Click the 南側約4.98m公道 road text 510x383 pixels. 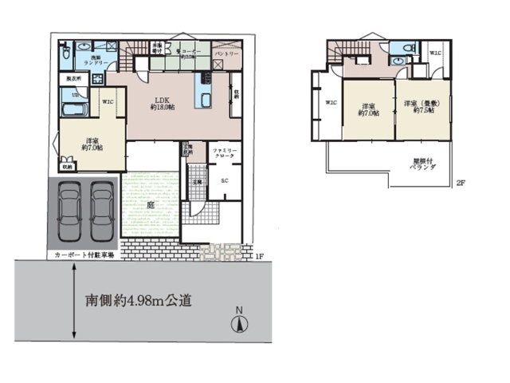(139, 301)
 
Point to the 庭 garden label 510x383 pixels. (150, 203)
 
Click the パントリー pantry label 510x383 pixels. (228, 55)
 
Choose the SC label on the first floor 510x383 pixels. (224, 181)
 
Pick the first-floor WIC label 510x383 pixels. (108, 101)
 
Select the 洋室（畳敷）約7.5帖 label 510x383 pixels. (419, 107)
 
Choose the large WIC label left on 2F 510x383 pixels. (331, 102)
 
